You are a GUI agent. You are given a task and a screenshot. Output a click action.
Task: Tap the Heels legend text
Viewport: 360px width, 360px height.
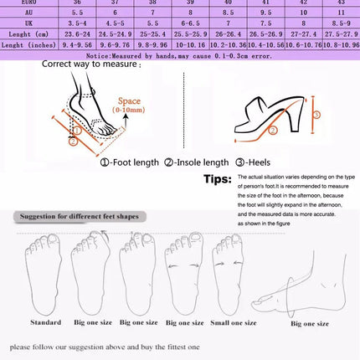click(x=255, y=162)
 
